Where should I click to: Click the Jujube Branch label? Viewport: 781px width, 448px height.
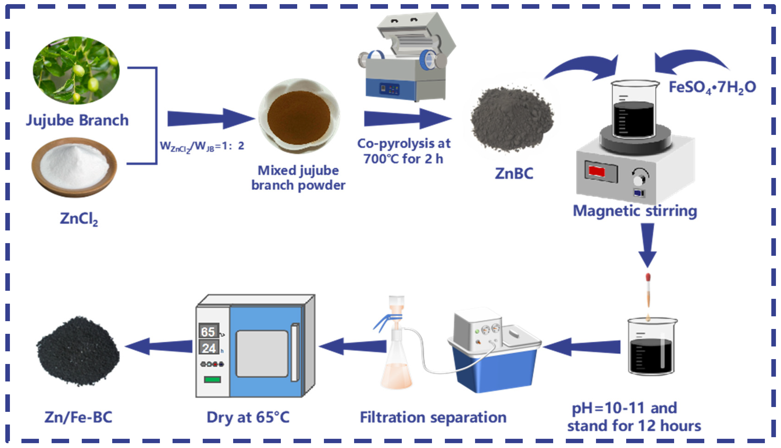tap(77, 120)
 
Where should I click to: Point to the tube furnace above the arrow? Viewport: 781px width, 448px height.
tap(406, 58)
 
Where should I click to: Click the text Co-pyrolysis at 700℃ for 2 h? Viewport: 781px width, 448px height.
tap(403, 151)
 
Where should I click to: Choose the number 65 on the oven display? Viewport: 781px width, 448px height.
tap(208, 332)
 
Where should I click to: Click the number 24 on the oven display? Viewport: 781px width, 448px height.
tap(209, 348)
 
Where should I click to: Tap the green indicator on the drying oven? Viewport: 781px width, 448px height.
tap(212, 379)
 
